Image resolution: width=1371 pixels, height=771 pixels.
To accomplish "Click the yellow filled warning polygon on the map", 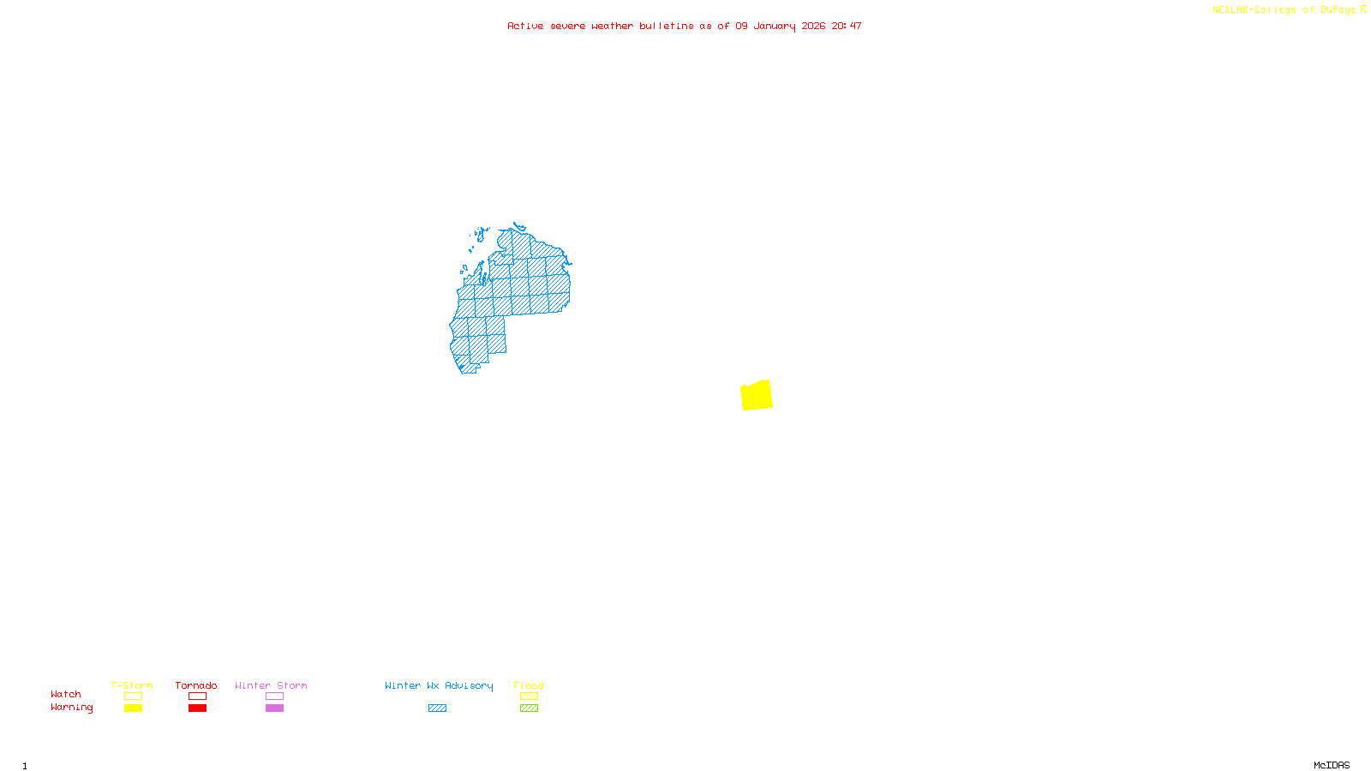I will (x=757, y=395).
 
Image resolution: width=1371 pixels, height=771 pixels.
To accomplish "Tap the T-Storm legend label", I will (x=132, y=685).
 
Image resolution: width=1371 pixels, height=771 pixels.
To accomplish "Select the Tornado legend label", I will (x=196, y=685).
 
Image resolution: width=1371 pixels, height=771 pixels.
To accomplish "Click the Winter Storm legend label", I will (x=271, y=685).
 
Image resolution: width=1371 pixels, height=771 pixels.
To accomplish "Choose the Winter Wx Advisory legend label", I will (x=439, y=685).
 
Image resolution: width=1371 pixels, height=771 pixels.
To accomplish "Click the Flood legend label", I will (x=529, y=685).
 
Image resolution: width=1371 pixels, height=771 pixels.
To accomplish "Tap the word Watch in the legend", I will (x=66, y=694).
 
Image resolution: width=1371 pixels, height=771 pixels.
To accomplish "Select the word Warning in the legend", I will (x=72, y=708).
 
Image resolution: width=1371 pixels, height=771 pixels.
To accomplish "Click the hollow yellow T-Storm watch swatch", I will (x=133, y=696).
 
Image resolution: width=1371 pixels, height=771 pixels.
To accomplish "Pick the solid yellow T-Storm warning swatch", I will (x=133, y=708).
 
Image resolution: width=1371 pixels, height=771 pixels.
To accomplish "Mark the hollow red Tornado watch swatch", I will (x=197, y=696).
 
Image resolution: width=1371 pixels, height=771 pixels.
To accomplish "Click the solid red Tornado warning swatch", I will (x=197, y=708).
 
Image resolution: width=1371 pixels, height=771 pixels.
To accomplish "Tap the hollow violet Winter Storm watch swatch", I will (x=274, y=696).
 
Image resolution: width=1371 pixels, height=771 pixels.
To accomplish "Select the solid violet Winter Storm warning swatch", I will (x=274, y=708).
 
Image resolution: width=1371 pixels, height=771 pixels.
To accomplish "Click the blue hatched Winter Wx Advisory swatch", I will (x=437, y=708).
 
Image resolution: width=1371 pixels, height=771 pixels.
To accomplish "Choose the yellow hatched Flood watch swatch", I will (x=529, y=696).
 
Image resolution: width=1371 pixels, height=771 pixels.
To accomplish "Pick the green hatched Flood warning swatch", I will (x=529, y=708).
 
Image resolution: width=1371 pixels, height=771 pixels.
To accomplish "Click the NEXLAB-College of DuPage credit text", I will (x=1284, y=10).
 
